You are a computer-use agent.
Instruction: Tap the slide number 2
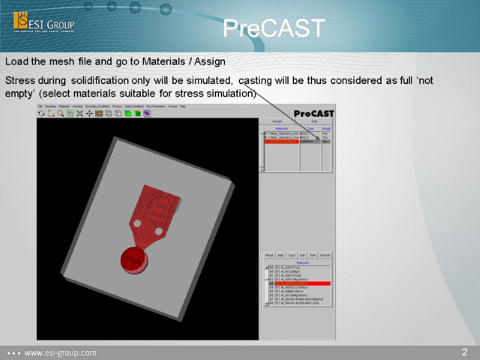click(x=464, y=352)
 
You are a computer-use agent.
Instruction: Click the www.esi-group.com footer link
click(x=60, y=353)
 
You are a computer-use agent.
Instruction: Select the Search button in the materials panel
click(x=325, y=255)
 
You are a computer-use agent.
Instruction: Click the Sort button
click(x=313, y=255)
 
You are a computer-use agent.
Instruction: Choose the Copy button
click(x=292, y=255)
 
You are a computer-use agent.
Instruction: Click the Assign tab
click(x=277, y=121)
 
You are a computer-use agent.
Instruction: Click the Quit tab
click(x=314, y=121)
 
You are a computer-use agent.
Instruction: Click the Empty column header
click(x=326, y=128)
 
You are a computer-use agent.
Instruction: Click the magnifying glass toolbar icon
click(x=61, y=113)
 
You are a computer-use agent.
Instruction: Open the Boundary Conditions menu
click(x=98, y=106)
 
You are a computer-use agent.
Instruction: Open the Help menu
click(x=183, y=106)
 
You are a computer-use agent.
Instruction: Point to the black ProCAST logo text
click(x=314, y=113)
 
